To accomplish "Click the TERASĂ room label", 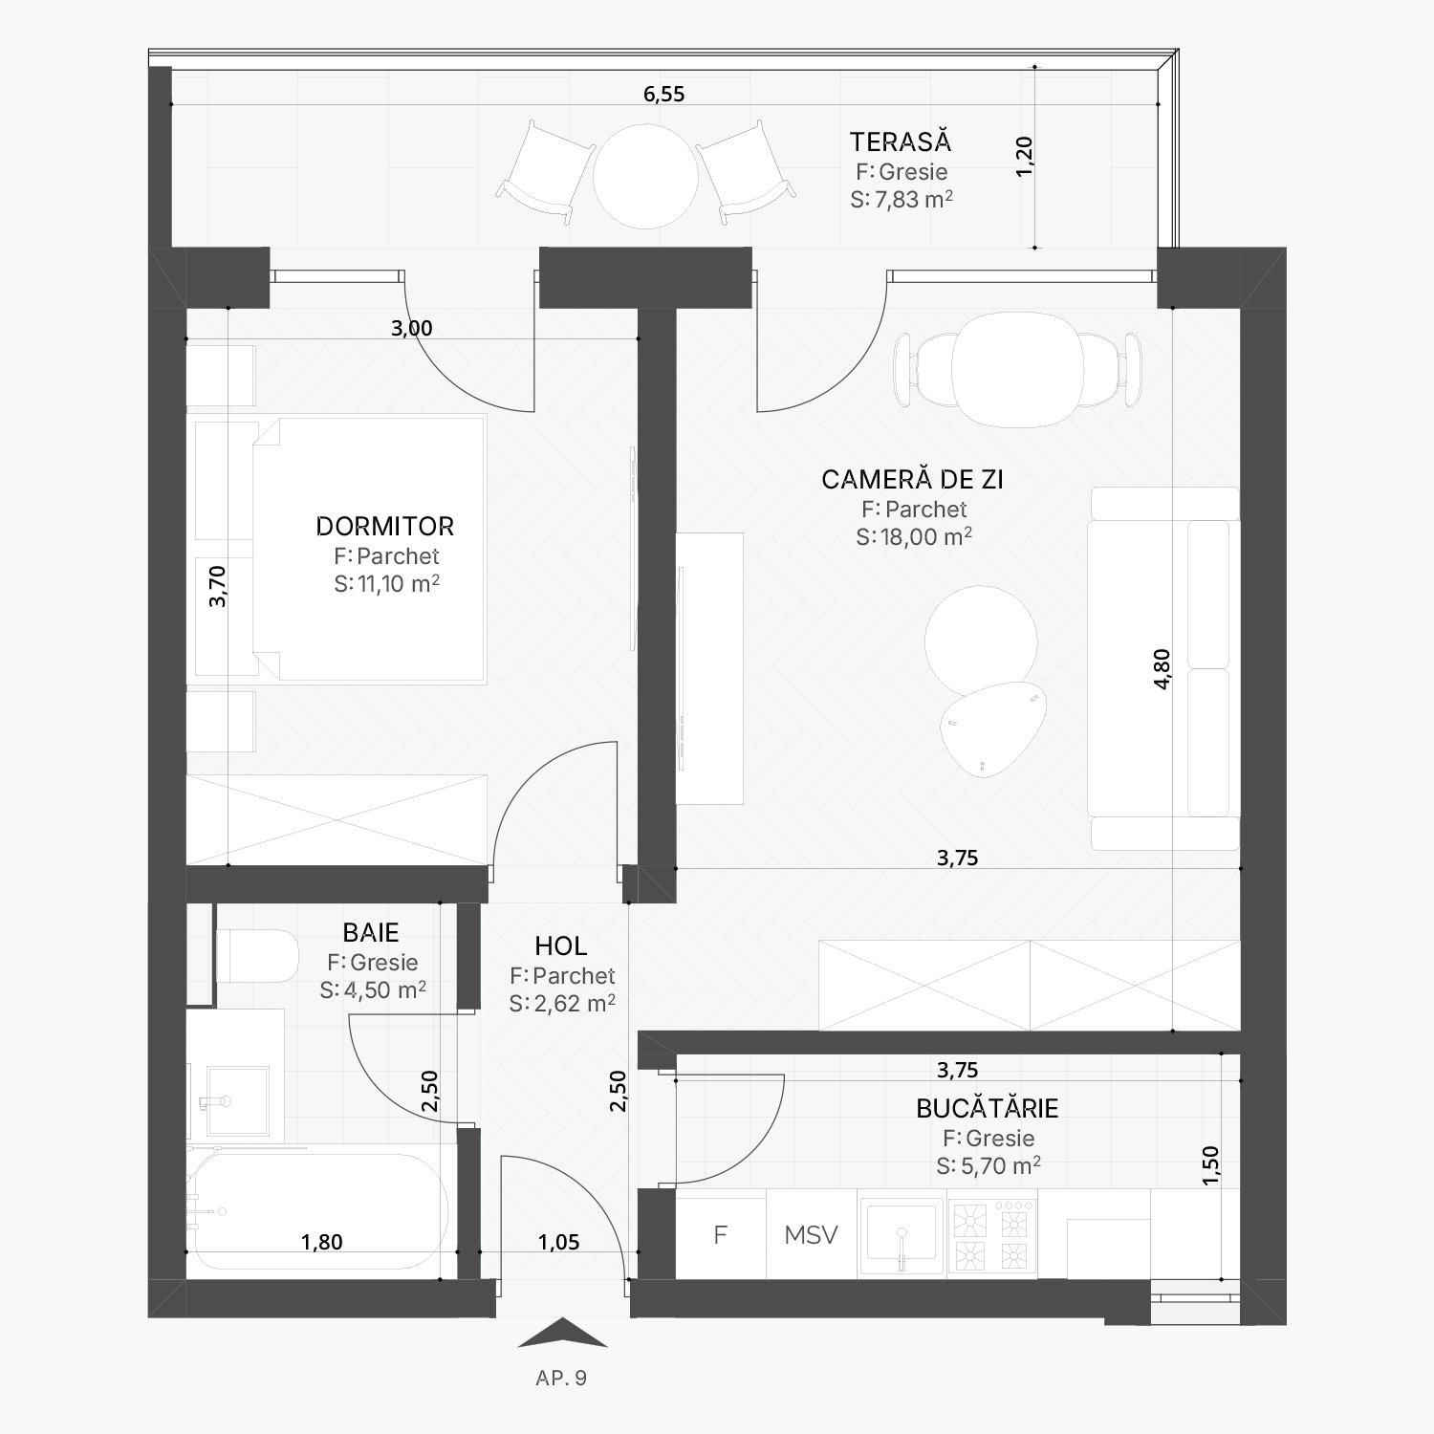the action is coord(901,141).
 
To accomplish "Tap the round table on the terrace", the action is coord(645,176).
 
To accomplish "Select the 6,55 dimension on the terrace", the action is coord(664,94).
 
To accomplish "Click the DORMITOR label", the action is coord(384,526).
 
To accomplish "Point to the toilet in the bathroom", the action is coord(258,956).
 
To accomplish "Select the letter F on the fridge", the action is coord(721,1234).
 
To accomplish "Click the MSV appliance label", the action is coord(811,1234).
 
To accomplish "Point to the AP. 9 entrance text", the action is coord(561,1378).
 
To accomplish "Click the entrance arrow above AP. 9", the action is coord(562,1332).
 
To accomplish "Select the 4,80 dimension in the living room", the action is coord(1162,668).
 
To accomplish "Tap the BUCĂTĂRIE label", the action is coord(988,1108).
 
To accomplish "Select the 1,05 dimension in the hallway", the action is coord(559,1242).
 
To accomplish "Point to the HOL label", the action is coord(561,946).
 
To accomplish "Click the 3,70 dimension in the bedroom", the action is coord(218,586).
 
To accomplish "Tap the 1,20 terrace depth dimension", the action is coord(1024,156).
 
